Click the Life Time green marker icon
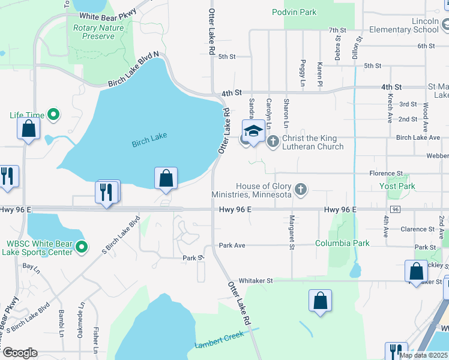pos(53,114)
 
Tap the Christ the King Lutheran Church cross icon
pos(273,142)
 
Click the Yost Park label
pos(397,186)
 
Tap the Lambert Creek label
pos(220,344)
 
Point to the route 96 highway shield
pos(395,209)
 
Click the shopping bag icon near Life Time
pos(28,128)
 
